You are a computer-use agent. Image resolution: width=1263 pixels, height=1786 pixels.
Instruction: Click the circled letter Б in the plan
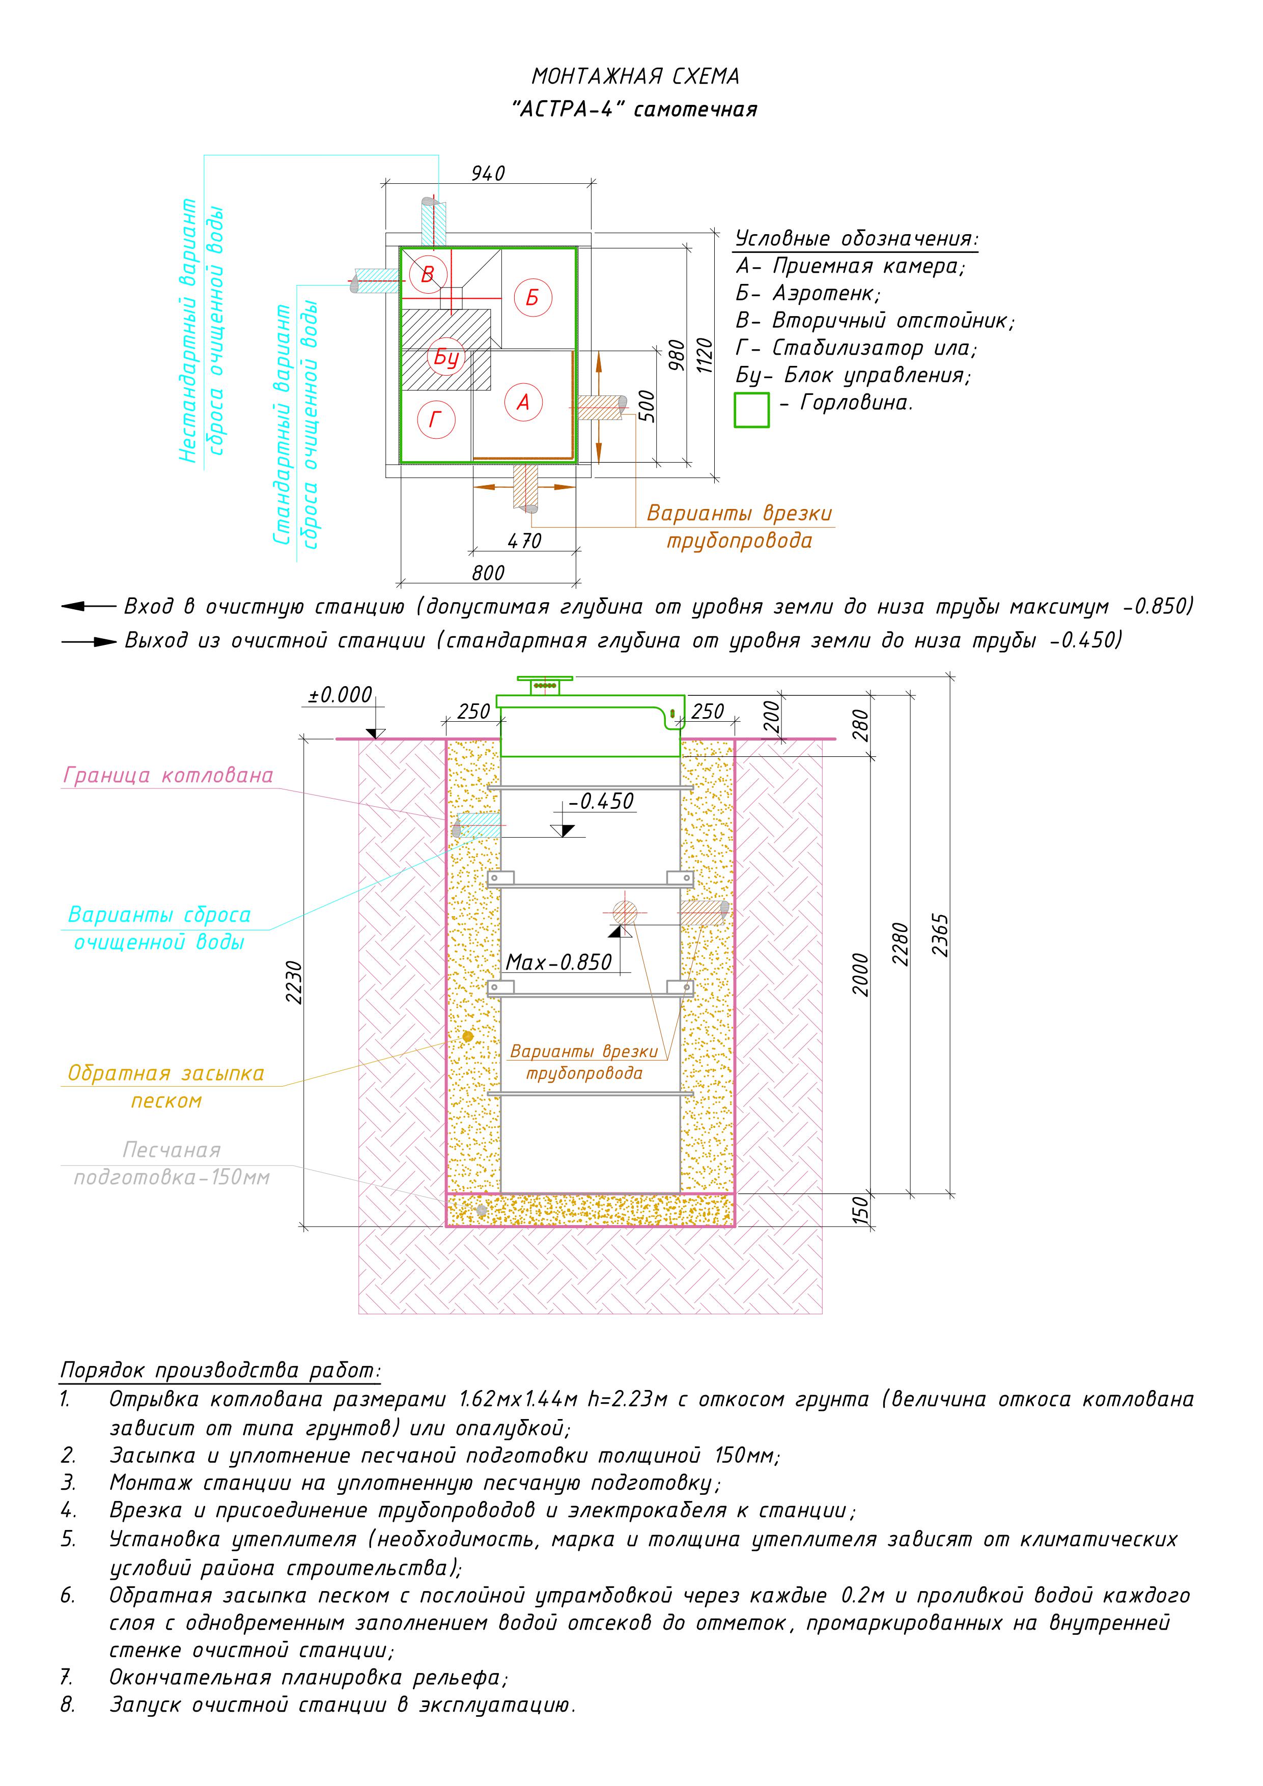pyautogui.click(x=532, y=297)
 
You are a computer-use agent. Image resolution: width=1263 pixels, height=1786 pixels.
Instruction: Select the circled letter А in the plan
pyautogui.click(x=523, y=402)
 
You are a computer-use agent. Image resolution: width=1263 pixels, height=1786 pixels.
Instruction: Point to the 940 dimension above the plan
pyautogui.click(x=488, y=174)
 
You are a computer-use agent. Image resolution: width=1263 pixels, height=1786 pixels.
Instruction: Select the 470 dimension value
pyautogui.click(x=524, y=541)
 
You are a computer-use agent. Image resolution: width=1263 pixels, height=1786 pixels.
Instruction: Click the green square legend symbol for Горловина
pyautogui.click(x=752, y=410)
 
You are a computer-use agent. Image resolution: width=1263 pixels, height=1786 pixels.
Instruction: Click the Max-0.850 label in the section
pyautogui.click(x=559, y=962)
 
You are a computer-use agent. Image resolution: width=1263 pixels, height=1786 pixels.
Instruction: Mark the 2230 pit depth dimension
pyautogui.click(x=294, y=982)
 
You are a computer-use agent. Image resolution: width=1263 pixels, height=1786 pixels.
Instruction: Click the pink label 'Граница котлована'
pyautogui.click(x=168, y=776)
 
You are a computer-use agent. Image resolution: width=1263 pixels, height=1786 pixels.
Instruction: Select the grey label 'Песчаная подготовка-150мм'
pyautogui.click(x=171, y=1164)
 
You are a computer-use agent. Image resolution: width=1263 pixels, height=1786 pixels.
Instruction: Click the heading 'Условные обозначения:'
pyautogui.click(x=857, y=238)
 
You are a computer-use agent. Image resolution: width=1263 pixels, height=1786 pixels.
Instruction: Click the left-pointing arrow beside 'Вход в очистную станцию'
pyautogui.click(x=87, y=606)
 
